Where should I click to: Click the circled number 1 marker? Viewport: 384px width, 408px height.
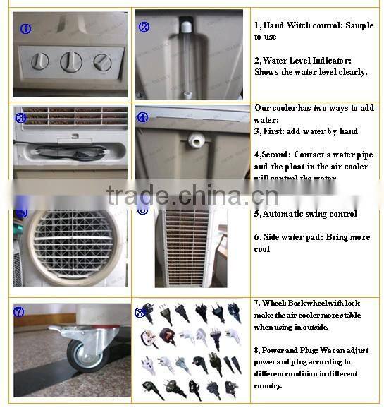pyautogui.click(x=25, y=29)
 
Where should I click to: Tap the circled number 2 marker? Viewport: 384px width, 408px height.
pyautogui.click(x=144, y=27)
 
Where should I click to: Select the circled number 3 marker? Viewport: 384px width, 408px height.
pyautogui.click(x=20, y=119)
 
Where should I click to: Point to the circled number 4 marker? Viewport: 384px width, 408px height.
pyautogui.click(x=142, y=118)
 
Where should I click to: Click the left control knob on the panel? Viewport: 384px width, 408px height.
pyautogui.click(x=40, y=61)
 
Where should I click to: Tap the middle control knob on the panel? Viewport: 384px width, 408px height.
pyautogui.click(x=70, y=61)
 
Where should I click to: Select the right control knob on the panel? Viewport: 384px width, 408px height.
pyautogui.click(x=102, y=62)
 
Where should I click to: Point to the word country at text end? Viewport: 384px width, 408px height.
pyautogui.click(x=268, y=386)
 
